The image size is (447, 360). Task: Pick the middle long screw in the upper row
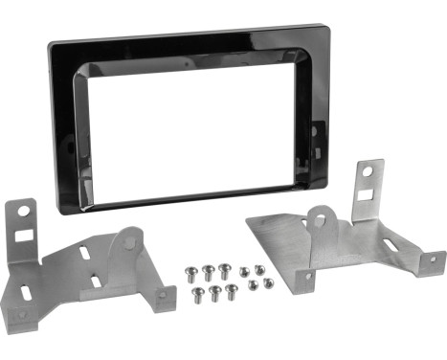click(x=211, y=272)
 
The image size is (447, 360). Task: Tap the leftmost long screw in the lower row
click(x=199, y=291)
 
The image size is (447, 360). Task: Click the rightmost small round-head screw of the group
click(x=268, y=283)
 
